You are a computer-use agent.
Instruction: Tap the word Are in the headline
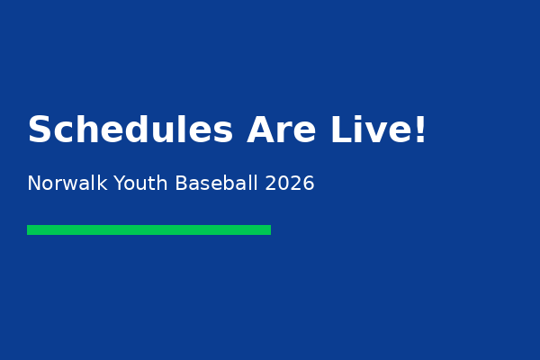click(x=282, y=130)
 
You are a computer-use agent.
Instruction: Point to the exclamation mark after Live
click(x=419, y=130)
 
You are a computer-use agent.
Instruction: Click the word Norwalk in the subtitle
click(x=67, y=184)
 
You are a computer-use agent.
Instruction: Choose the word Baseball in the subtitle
click(x=217, y=184)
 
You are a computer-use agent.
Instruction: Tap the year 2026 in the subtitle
click(x=290, y=184)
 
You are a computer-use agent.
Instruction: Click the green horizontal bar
click(x=148, y=229)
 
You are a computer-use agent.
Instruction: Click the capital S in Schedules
click(x=40, y=130)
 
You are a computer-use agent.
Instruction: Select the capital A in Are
click(x=261, y=130)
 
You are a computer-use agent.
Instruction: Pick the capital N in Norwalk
click(x=34, y=184)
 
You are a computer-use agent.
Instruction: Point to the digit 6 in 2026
click(x=309, y=184)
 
